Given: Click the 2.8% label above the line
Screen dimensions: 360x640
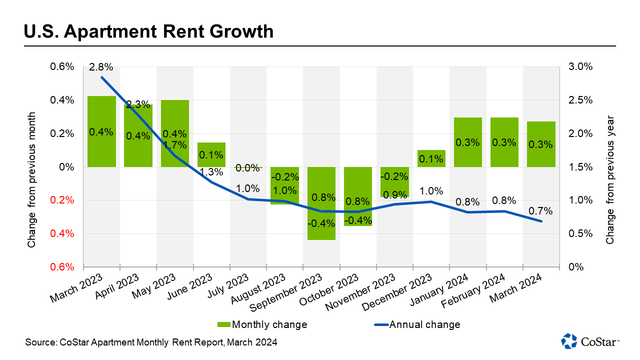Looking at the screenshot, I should pos(101,66).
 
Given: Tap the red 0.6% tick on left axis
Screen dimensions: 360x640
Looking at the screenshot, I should pos(63,267).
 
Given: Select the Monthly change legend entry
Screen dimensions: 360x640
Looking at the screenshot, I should pos(262,324).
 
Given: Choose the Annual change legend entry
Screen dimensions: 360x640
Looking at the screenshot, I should pos(417,324).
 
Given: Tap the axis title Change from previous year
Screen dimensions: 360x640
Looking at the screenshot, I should pos(609,181).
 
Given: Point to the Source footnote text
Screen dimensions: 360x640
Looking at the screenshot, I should pos(151,342).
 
